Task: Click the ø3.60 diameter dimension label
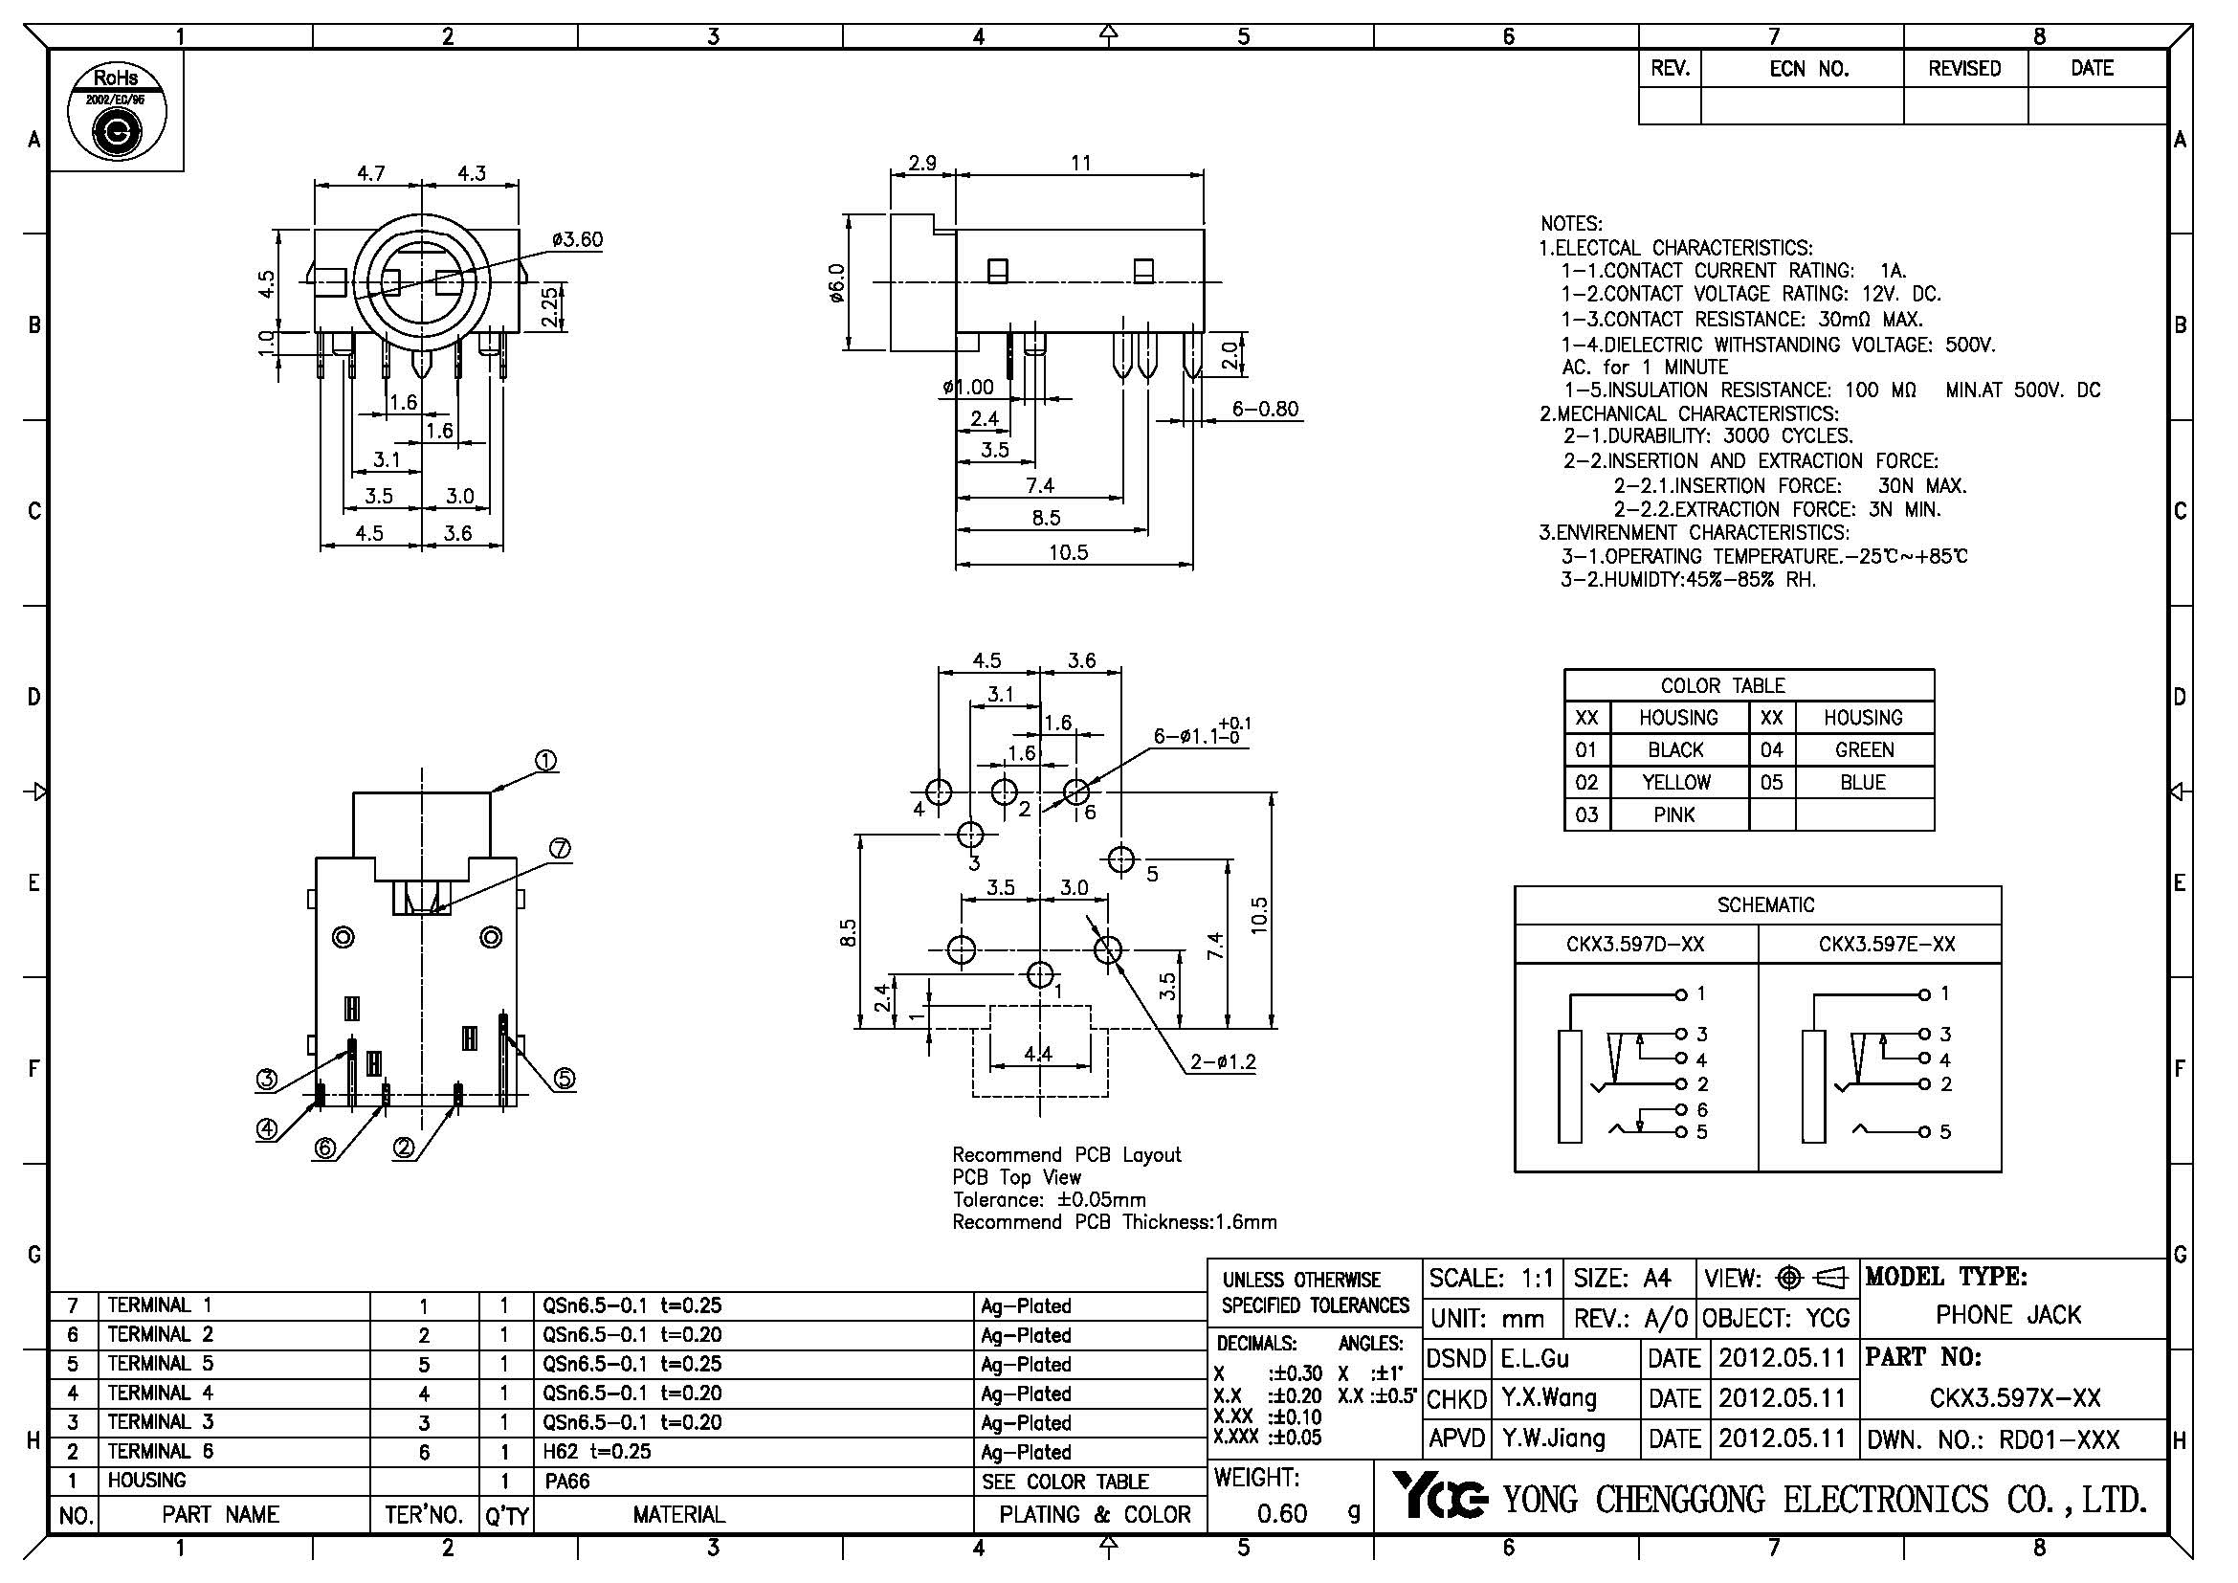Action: (x=577, y=240)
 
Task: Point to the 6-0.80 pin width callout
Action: (x=1264, y=410)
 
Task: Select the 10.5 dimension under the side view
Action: (x=1069, y=552)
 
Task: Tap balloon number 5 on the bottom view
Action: (x=565, y=1079)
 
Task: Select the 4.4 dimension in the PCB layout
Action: (x=1038, y=1053)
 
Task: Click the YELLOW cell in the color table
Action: (x=1675, y=782)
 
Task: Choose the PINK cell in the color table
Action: (x=1673, y=814)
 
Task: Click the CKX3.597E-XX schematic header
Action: (x=1886, y=944)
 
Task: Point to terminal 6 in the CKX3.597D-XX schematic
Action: (x=1702, y=1109)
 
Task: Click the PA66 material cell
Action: (x=567, y=1482)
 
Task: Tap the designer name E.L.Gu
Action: (x=1534, y=1358)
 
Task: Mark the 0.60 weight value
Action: (x=1282, y=1513)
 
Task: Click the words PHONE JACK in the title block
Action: (x=2008, y=1315)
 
